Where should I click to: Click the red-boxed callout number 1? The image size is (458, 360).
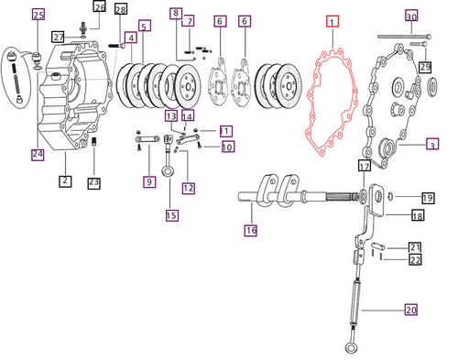coord(333,22)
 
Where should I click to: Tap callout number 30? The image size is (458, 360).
coord(411,16)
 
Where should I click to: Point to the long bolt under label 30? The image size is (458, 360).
coord(405,37)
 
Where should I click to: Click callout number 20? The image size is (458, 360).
coord(411,310)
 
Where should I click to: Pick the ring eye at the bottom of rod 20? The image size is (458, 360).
coord(351,347)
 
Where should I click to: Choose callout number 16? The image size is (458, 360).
coord(251,230)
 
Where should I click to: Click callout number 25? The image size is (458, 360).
coord(38,15)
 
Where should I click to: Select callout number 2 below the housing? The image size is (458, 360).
coord(65,180)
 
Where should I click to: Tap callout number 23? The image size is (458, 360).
coord(93,183)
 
